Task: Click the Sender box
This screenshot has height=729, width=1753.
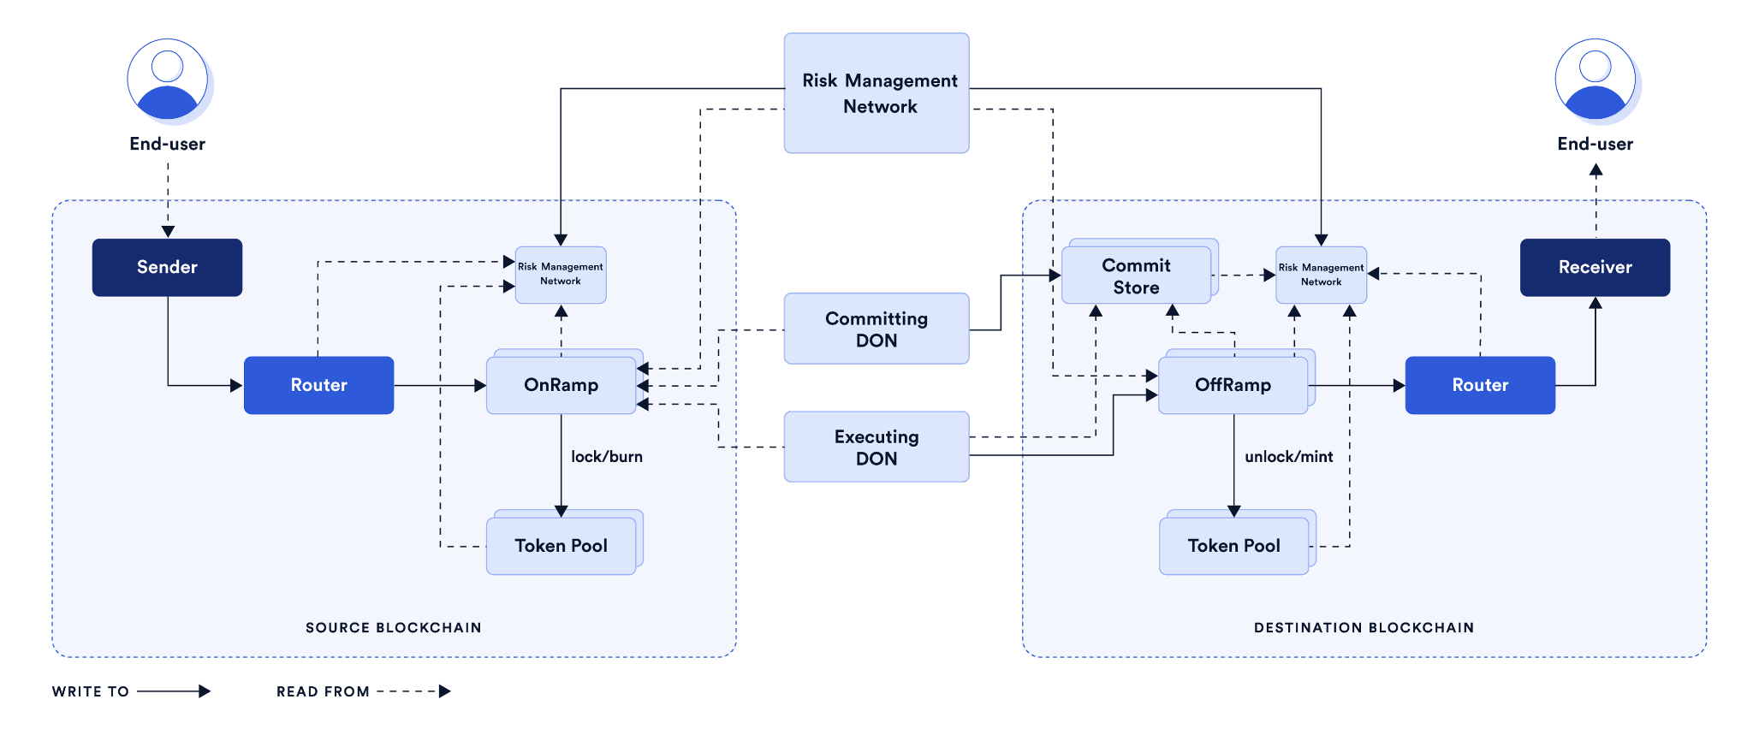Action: pyautogui.click(x=167, y=267)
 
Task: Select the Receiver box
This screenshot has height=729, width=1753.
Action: pyautogui.click(x=1595, y=267)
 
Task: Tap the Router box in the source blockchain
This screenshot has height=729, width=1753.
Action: pyautogui.click(x=318, y=385)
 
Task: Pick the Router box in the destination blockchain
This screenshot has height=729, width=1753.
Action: pyautogui.click(x=1480, y=385)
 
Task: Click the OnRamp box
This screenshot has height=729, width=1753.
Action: pyautogui.click(x=561, y=385)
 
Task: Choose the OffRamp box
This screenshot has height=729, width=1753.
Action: pyautogui.click(x=1233, y=385)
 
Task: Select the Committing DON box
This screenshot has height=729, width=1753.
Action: pyautogui.click(x=876, y=329)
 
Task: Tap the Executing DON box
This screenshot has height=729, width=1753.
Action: pyautogui.click(x=876, y=447)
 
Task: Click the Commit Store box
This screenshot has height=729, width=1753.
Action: pyautogui.click(x=1136, y=276)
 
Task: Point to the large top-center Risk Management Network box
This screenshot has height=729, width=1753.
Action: pyautogui.click(x=876, y=93)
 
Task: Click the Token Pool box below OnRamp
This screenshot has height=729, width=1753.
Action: pyautogui.click(x=561, y=546)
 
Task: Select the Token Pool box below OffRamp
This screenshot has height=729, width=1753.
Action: pyautogui.click(x=1233, y=546)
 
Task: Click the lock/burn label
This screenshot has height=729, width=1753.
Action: pyautogui.click(x=607, y=457)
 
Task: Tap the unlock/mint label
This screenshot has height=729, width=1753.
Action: pyautogui.click(x=1288, y=457)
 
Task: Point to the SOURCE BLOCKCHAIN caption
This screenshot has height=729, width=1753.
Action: pyautogui.click(x=394, y=627)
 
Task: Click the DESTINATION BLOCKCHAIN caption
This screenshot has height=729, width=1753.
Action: pyautogui.click(x=1364, y=627)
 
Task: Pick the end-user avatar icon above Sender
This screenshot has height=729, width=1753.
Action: pyautogui.click(x=168, y=80)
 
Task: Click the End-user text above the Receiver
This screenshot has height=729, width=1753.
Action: pyautogui.click(x=1595, y=144)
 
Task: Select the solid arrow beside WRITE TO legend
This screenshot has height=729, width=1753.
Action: pyautogui.click(x=174, y=691)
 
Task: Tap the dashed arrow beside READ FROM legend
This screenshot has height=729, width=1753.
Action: pyautogui.click(x=414, y=691)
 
